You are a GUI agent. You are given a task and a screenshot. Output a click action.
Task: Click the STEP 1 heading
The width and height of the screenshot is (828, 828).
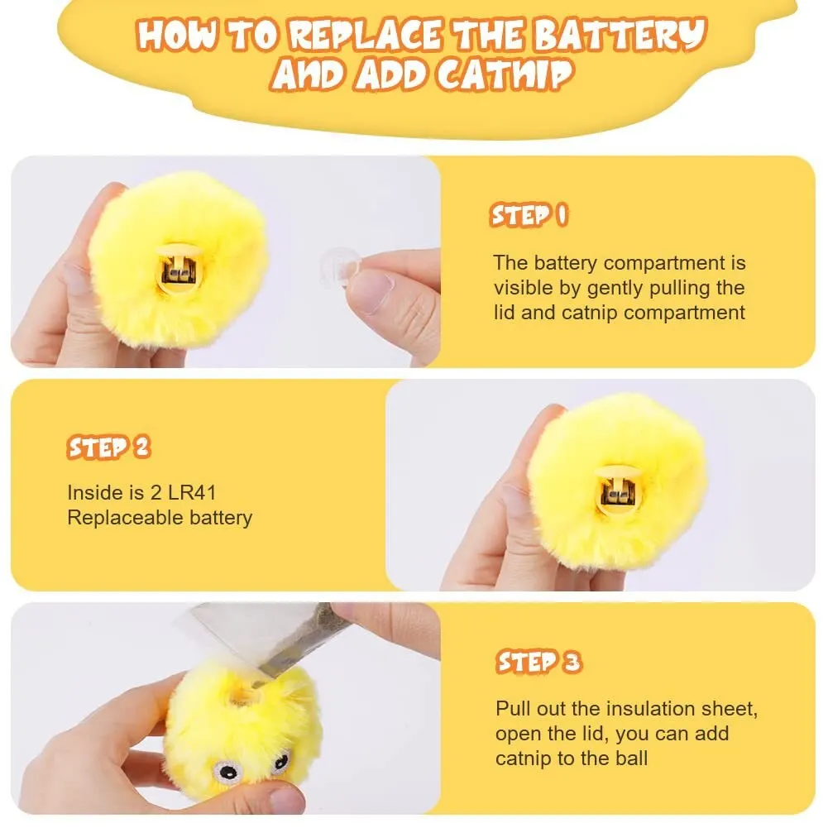529,216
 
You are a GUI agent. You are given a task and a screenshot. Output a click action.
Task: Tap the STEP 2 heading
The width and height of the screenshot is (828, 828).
108,448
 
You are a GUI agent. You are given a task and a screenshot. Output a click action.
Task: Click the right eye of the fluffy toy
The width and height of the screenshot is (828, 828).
281,761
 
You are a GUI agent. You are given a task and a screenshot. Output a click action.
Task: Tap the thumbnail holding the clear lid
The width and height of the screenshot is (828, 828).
370,290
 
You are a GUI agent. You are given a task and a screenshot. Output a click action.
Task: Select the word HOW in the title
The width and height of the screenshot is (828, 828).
172,36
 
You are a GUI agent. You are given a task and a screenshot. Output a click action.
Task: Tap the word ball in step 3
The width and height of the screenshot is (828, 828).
630,759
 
